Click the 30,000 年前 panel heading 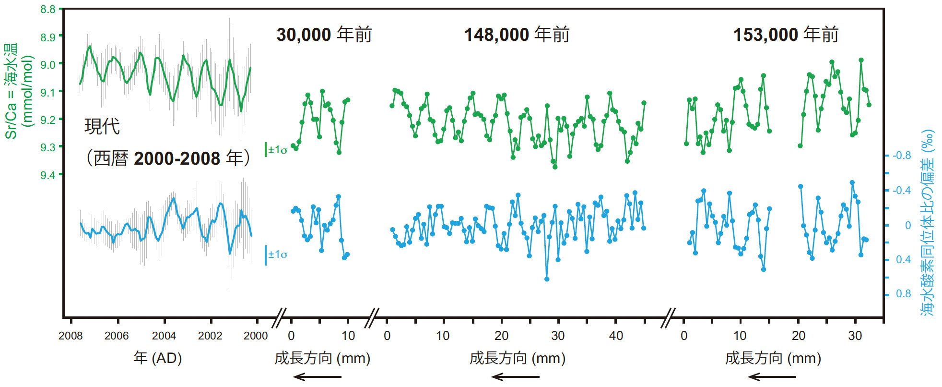(324, 35)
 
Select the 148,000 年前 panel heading (517, 35)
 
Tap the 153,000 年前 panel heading (786, 35)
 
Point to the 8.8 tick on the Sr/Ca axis (48, 9)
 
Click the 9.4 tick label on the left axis (48, 175)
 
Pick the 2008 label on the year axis (71, 336)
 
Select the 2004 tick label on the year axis (164, 336)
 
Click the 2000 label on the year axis (256, 336)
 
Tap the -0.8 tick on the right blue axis (902, 156)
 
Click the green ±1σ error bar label (277, 150)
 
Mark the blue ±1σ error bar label (277, 254)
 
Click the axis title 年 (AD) (157, 358)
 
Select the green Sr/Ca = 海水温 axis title (12, 91)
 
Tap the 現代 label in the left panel (102, 126)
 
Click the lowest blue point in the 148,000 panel (547, 279)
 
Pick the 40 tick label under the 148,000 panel (615, 336)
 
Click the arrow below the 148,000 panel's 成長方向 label (516, 377)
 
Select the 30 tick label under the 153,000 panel (855, 336)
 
